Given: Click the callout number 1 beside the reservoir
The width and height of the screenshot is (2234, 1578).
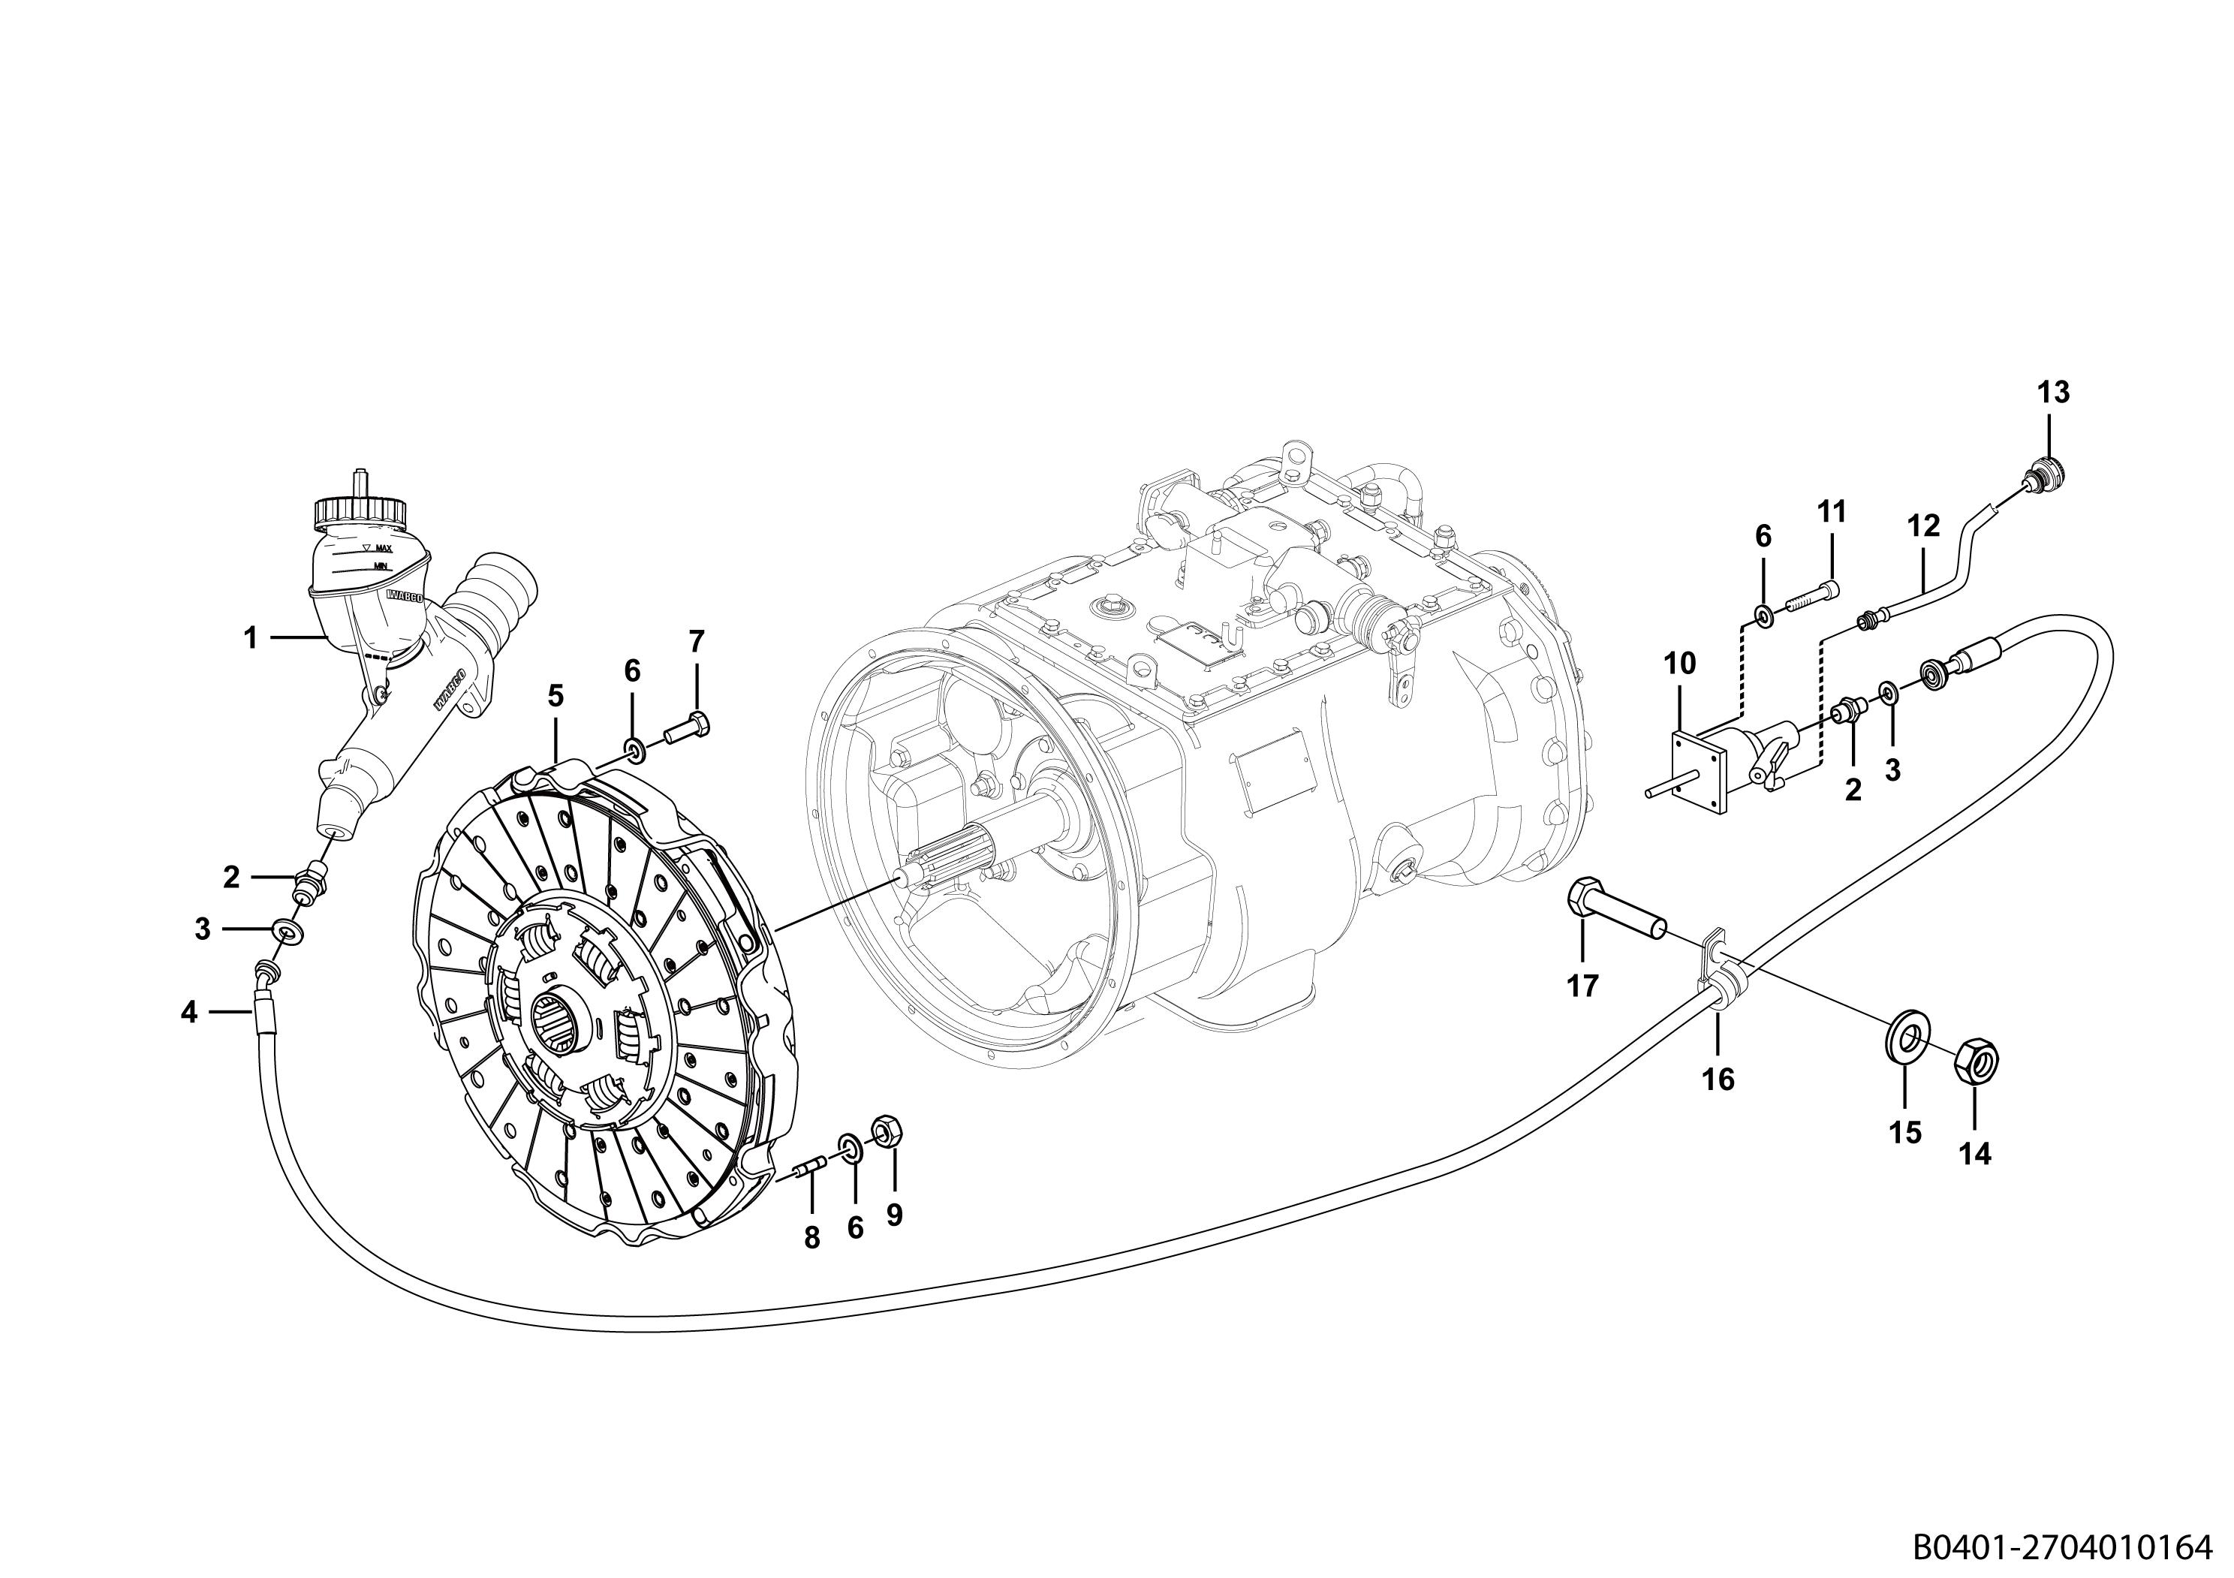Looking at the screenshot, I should pyautogui.click(x=250, y=638).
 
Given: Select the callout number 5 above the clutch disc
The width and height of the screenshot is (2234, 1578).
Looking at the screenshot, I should pyautogui.click(x=555, y=696).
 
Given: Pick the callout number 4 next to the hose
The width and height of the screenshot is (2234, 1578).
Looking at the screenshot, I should pyautogui.click(x=188, y=1013).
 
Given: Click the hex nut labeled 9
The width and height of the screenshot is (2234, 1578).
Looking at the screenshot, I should pyautogui.click(x=887, y=1131).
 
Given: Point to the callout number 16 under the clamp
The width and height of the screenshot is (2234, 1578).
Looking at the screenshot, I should pyautogui.click(x=1718, y=1079).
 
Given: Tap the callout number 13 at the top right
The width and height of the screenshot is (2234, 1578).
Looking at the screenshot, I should pyautogui.click(x=2053, y=393).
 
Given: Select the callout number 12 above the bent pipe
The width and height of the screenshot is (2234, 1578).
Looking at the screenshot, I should pyautogui.click(x=1924, y=526).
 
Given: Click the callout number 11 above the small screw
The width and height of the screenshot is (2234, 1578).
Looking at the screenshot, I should pyautogui.click(x=1832, y=512).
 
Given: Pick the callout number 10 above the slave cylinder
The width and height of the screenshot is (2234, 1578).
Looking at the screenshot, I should pyautogui.click(x=1679, y=664).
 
